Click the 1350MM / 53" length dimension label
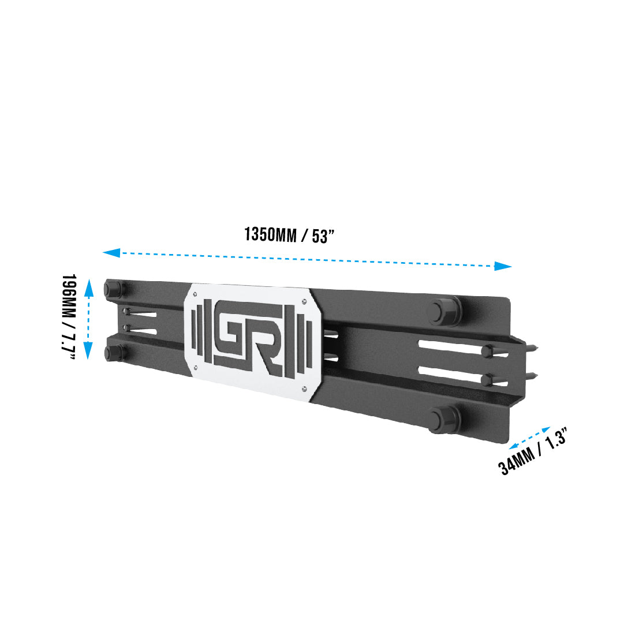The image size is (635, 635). [290, 236]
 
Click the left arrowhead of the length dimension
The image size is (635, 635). [111, 253]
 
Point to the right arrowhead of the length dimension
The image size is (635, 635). [503, 266]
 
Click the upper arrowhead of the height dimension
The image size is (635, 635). [89, 287]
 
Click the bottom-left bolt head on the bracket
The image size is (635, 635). [113, 353]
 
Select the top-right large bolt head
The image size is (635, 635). [443, 311]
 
